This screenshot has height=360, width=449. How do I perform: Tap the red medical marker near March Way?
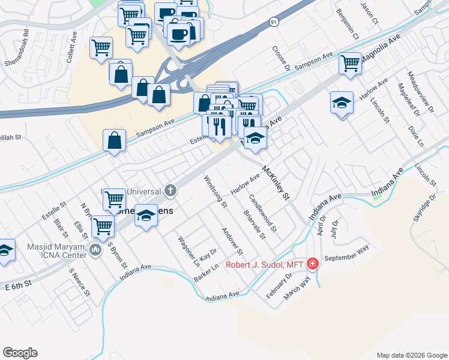pos(312,264)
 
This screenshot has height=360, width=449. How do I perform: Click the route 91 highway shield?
pos(274,22)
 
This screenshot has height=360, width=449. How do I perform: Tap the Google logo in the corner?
pos(20,353)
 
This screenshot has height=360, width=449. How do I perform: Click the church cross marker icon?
pos(171,191)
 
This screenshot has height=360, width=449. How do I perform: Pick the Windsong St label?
pos(215,191)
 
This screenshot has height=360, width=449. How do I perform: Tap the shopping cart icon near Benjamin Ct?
pos(349,62)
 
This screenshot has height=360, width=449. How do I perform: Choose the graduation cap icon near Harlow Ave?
pos(342,103)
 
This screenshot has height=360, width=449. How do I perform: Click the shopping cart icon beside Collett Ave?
pos(101,47)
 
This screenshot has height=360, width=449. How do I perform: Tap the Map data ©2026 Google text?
pos(411,355)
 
